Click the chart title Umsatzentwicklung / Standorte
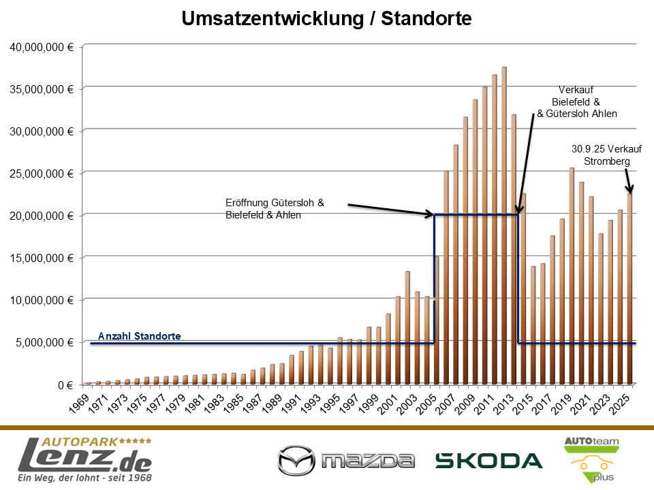[327, 18]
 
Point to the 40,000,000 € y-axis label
[42, 47]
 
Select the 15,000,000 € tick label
[42, 258]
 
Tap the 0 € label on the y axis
[65, 385]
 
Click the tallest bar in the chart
[504, 225]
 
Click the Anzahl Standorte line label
[140, 336]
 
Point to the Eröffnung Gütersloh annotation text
[275, 209]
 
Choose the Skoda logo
[488, 461]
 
